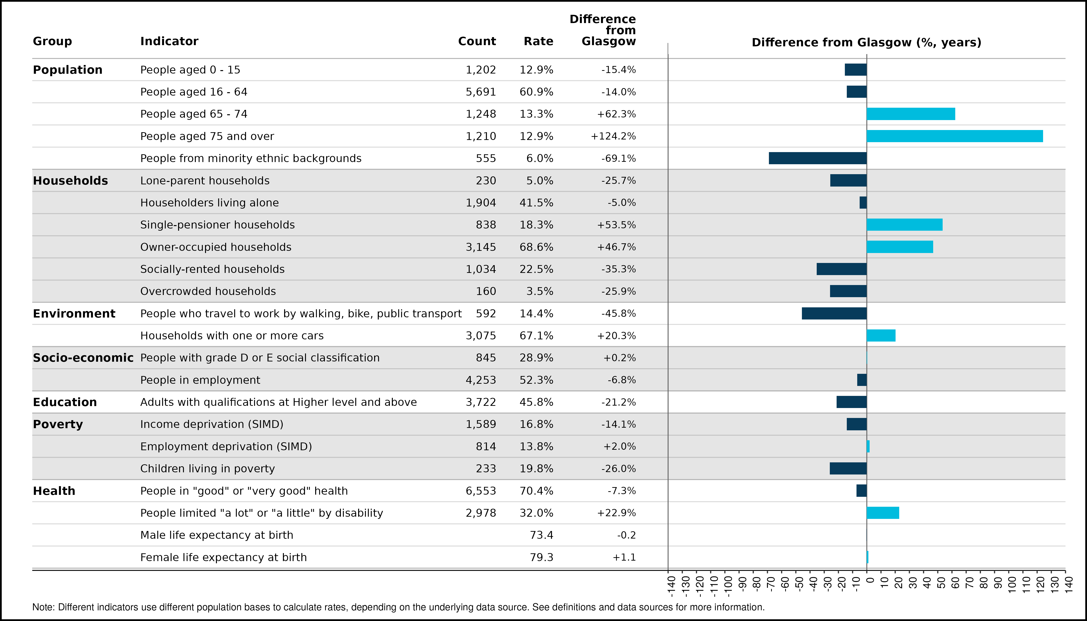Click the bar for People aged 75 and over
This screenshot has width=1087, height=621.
point(955,136)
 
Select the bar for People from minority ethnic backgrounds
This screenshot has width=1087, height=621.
point(818,158)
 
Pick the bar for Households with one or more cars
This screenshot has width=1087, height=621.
point(881,336)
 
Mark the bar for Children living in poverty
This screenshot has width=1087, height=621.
point(848,468)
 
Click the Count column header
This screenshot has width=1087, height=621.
point(477,41)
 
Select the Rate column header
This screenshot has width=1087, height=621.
point(538,41)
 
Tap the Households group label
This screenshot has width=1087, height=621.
point(70,181)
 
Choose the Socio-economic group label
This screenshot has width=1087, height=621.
point(83,358)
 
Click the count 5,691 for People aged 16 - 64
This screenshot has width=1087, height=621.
point(481,92)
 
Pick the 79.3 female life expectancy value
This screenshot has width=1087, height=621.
point(541,557)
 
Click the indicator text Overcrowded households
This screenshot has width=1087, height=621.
point(208,291)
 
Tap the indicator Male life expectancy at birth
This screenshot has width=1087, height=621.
point(217,535)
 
